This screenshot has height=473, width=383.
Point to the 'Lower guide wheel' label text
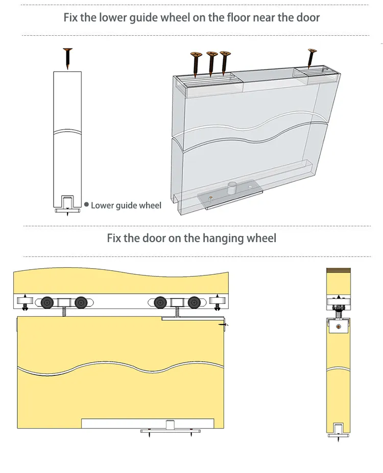coord(126,205)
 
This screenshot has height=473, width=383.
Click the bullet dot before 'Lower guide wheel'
coord(86,205)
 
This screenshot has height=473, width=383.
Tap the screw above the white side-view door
coord(67,58)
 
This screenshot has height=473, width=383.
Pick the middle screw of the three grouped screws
coord(211,62)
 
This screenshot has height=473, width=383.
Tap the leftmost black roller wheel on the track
coord(47,302)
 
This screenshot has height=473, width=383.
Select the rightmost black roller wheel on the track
coord(194,302)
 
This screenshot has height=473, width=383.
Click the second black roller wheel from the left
coord(81,302)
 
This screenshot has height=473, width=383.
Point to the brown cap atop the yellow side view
coord(337,271)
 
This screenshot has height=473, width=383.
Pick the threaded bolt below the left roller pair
coord(64,312)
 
